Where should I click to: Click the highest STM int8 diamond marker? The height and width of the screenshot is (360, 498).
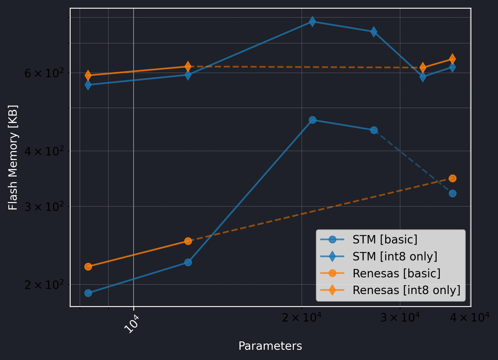coord(312,21)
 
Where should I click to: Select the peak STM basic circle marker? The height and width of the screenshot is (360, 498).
coord(312,120)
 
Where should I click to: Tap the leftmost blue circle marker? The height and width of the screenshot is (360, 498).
coord(88,293)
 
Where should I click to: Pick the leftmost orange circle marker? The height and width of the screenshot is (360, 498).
coord(88,267)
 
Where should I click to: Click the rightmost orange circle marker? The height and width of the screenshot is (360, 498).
coord(452,178)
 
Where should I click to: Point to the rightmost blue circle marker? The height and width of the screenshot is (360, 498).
coord(452,193)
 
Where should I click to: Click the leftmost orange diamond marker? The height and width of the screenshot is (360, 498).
coord(88,75)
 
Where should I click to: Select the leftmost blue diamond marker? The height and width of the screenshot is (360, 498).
coord(88,85)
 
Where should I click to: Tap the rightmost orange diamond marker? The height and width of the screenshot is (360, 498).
coord(452,59)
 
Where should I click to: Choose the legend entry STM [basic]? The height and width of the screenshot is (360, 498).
coord(385,239)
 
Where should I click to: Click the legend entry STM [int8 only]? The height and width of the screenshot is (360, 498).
coord(395,256)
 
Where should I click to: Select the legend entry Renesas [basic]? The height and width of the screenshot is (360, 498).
coord(396,273)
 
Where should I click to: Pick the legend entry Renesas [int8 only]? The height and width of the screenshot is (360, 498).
coord(406,290)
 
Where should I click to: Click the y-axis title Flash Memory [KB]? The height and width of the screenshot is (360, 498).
coord(13,157)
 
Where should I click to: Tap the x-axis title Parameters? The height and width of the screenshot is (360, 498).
coord(270,346)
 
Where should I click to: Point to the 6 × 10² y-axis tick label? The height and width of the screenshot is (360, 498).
coord(44,73)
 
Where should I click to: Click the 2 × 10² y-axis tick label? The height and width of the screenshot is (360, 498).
coord(44,284)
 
